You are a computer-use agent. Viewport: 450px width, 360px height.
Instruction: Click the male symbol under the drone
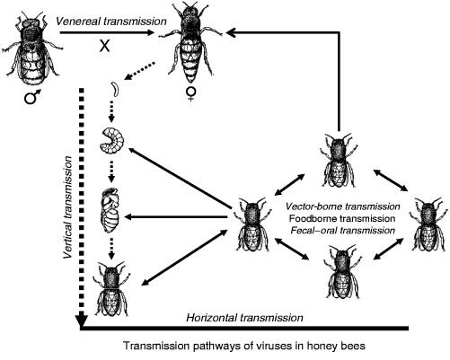pos(32,97)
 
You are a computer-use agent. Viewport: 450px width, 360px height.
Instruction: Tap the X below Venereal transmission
pos(105,46)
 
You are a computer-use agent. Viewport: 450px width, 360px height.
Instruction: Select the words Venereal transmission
pos(111,22)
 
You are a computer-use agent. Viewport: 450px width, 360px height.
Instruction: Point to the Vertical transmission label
pos(68,207)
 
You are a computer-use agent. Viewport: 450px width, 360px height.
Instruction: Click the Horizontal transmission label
pos(245,318)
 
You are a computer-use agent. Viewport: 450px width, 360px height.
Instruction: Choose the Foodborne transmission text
pos(342,218)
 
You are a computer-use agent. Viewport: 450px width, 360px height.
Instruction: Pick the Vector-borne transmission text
pos(343,206)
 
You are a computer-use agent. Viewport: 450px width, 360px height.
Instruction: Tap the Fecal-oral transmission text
pos(343,230)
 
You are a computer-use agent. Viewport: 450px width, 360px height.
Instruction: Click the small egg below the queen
pos(115,89)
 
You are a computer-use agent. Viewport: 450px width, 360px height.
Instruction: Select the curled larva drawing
pos(111,139)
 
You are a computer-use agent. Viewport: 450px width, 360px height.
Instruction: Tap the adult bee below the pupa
pos(112,288)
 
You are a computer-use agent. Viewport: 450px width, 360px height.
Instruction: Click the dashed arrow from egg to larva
pos(111,111)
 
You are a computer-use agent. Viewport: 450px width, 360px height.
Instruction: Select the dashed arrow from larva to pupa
pos(111,171)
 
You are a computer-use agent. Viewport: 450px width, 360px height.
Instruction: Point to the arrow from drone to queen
pos(107,33)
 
